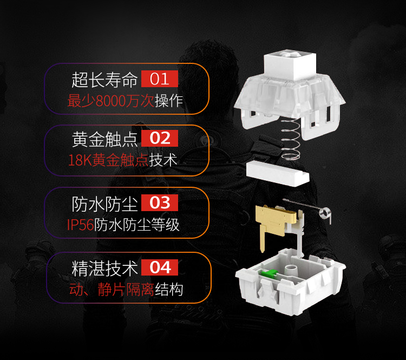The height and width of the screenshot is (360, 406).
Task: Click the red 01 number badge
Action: tap(160, 78)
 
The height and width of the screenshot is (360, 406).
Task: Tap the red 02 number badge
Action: tap(160, 138)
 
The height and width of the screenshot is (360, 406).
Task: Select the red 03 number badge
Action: tap(160, 202)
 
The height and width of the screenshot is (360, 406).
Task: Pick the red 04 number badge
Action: tap(160, 267)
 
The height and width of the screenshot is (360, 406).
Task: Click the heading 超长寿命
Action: tap(104, 80)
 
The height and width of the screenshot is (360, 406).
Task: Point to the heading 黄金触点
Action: tap(104, 139)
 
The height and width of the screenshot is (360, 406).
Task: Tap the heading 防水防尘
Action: tap(104, 204)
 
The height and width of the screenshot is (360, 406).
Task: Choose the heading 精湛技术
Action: tap(104, 269)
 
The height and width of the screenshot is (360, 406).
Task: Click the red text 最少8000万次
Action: tap(111, 101)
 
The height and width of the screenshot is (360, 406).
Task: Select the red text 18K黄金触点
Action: tap(108, 160)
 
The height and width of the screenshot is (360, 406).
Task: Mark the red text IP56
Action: tap(80, 225)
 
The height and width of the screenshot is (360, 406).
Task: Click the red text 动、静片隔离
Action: tap(112, 289)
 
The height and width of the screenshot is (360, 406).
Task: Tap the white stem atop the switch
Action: tap(290, 65)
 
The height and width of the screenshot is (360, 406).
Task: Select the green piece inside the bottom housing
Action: tap(269, 273)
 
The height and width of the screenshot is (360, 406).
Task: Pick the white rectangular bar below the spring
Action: tap(278, 173)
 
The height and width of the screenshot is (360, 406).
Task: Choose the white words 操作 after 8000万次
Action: tap(169, 101)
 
